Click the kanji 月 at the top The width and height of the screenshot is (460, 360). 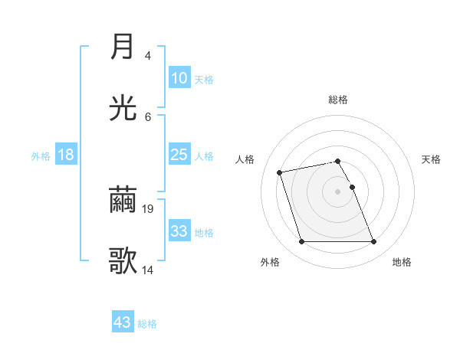point(123,47)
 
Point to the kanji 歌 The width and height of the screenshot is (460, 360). point(123,261)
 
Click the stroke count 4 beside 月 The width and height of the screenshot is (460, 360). point(148,56)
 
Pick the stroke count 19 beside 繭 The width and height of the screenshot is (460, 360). point(149,208)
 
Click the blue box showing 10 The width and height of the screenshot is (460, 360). point(179,78)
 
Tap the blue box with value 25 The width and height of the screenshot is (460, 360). point(179,155)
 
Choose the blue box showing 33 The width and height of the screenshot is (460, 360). point(179,231)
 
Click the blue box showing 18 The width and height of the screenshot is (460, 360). point(66,155)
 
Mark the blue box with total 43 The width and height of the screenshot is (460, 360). point(123,322)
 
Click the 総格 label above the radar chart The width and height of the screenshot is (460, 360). point(338,100)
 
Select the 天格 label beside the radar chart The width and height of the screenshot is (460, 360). point(432,159)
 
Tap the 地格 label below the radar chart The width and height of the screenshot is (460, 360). point(402,262)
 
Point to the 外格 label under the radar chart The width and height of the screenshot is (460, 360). point(270,262)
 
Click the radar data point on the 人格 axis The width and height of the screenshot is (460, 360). point(280,172)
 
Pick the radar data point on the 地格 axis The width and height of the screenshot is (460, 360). point(373,242)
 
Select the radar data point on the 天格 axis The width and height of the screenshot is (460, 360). point(352,187)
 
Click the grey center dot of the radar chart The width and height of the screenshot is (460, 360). point(337,191)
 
